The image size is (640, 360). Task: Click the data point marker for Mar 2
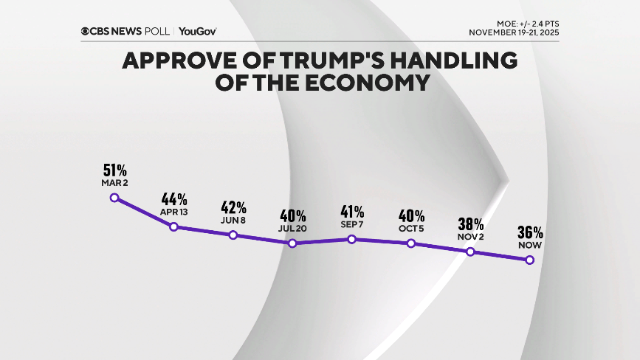114,197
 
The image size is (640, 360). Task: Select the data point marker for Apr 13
173,226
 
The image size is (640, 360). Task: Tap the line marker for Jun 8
233,235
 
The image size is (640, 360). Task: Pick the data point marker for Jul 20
292,243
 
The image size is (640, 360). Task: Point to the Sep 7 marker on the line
352,239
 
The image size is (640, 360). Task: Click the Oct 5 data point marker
411,243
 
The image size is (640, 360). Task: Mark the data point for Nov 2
470,252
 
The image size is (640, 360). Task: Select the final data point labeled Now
529,260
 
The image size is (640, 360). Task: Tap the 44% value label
173,199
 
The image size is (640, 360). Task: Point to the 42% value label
233,208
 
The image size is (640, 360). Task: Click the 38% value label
470,224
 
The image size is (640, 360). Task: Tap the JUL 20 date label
292,229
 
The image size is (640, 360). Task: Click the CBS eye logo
86,31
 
